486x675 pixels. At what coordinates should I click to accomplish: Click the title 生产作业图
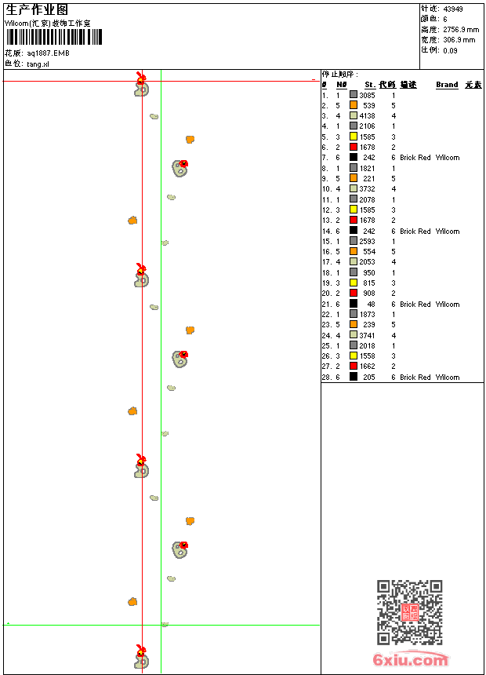coord(37,9)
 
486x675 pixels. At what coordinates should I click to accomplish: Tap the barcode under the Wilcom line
coord(54,38)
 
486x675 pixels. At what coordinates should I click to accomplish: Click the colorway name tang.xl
coord(38,64)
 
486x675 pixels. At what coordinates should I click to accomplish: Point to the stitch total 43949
coord(453,9)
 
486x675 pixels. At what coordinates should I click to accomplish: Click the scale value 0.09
coord(450,49)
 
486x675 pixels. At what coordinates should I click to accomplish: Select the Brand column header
coord(447,84)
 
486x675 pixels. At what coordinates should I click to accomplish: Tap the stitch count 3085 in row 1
coord(367,95)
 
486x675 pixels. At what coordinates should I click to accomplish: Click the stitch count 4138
coord(367,115)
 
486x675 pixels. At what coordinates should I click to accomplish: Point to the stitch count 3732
coord(367,189)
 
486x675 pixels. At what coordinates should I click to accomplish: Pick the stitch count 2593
coord(367,242)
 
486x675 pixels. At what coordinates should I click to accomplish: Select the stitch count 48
coord(371,304)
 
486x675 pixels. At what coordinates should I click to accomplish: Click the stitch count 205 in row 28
coord(369,378)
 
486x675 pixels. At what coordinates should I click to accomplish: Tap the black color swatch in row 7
coord(354,158)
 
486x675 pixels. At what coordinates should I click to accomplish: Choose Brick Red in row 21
coord(415,305)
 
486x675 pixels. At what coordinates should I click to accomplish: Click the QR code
coord(410,612)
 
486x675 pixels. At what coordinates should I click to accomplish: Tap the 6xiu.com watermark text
coord(410,661)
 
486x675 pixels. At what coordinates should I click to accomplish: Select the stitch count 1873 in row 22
coord(367,315)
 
